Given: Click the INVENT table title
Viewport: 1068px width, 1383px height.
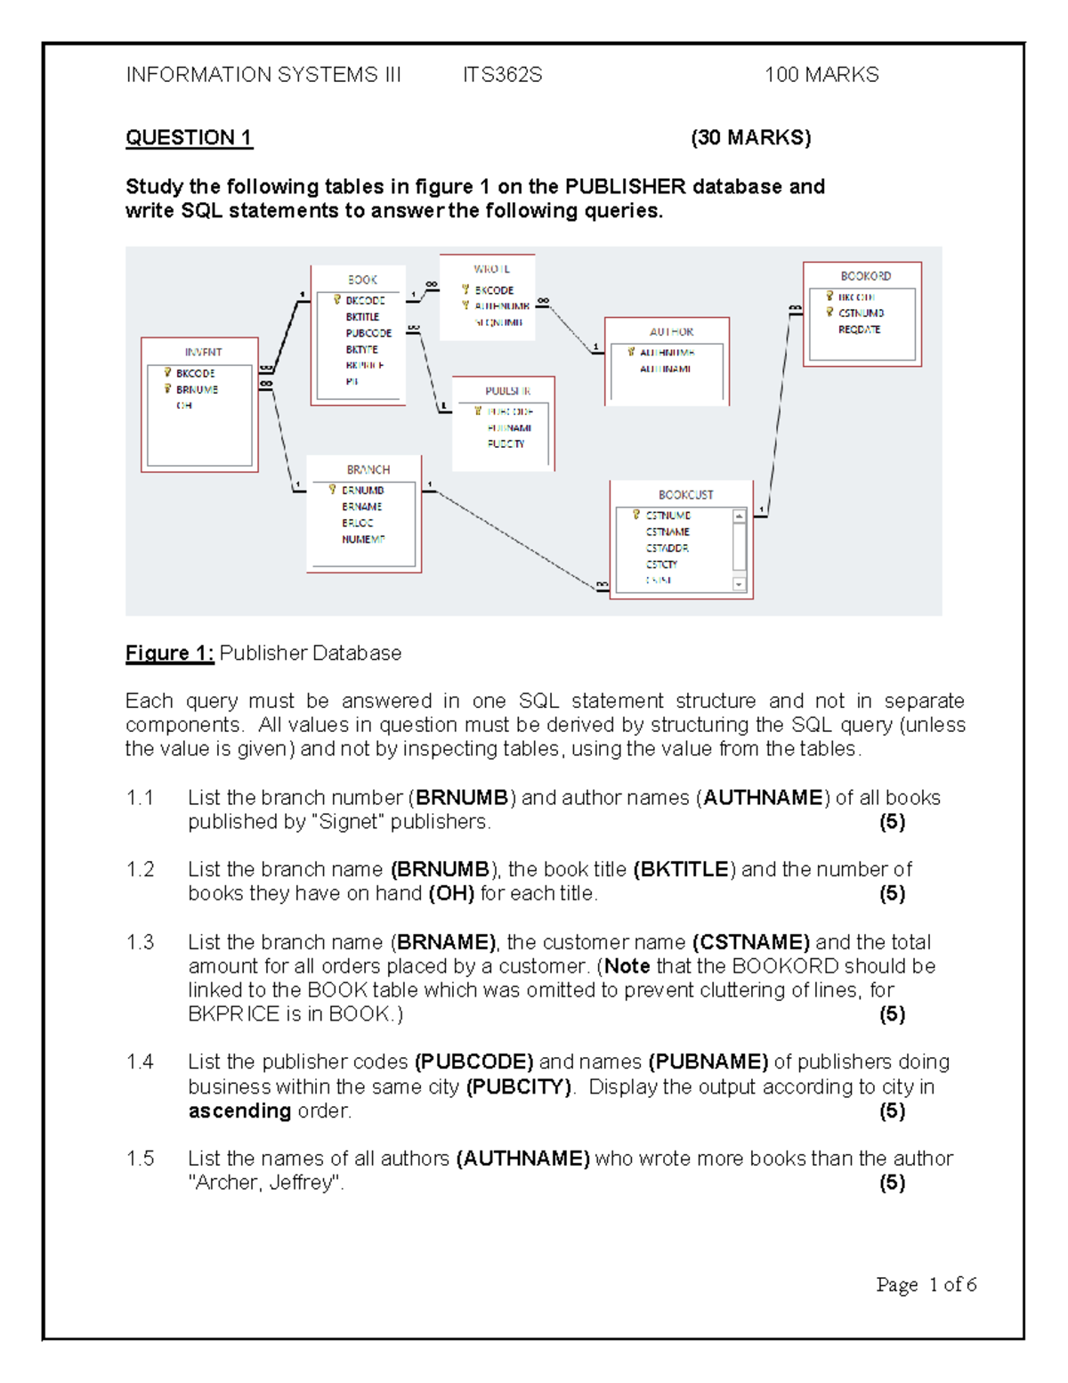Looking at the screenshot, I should [x=203, y=352].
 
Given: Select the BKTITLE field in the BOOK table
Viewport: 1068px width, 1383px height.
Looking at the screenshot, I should [x=362, y=317].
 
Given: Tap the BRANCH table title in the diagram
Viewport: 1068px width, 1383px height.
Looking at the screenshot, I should [x=368, y=469].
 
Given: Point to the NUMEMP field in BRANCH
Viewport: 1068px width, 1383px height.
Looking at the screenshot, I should [x=362, y=539].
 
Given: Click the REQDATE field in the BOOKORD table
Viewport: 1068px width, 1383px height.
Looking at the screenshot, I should [x=859, y=329].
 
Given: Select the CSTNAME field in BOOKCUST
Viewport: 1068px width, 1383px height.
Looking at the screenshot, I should [x=667, y=532].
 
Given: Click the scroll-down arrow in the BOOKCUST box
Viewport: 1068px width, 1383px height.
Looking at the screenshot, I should [x=739, y=584].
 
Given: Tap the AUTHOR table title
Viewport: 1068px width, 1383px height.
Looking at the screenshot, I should [x=671, y=331].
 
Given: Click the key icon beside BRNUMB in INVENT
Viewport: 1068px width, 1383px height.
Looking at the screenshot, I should [x=167, y=389].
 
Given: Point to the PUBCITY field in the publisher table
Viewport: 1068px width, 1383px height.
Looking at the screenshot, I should [x=506, y=443].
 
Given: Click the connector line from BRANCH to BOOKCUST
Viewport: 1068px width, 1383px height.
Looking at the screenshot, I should [x=516, y=539].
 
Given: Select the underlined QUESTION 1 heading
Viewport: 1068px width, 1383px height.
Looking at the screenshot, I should [x=189, y=138].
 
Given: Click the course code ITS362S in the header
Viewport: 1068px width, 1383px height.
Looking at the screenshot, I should [x=502, y=75].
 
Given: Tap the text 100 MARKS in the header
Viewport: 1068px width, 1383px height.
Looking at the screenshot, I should [x=821, y=75].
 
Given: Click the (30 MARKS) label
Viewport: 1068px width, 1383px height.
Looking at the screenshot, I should [x=750, y=138].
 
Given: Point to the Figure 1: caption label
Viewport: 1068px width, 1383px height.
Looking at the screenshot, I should [x=169, y=653].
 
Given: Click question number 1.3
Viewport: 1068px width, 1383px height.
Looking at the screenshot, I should [x=140, y=942].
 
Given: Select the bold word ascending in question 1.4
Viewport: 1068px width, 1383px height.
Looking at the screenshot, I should [x=239, y=1110].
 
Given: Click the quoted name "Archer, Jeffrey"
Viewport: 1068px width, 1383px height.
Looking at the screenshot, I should [x=265, y=1183].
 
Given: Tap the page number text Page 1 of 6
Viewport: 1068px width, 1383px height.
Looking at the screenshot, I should [x=926, y=1284].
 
